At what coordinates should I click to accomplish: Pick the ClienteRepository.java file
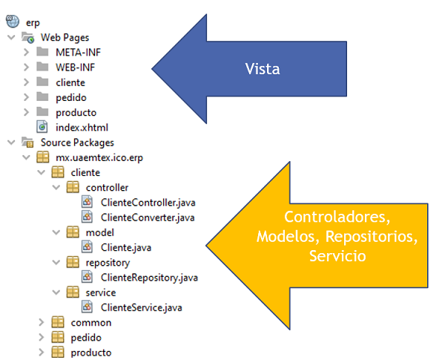click(148, 278)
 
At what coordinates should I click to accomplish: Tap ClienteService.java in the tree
click(141, 307)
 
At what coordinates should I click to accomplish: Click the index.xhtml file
click(81, 127)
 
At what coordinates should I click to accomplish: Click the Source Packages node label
click(76, 142)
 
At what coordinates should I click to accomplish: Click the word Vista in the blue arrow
click(262, 68)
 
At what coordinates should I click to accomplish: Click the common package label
click(90, 322)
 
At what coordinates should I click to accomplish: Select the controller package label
click(107, 187)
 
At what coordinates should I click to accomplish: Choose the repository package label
click(108, 262)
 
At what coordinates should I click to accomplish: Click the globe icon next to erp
click(13, 22)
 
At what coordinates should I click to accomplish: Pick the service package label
click(101, 292)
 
